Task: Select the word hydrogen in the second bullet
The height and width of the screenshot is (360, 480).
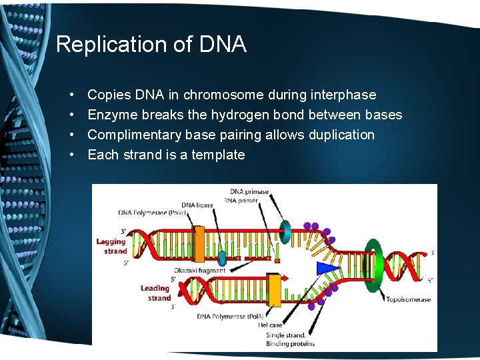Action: pos(237,115)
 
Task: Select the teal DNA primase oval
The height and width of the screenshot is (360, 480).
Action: pos(286,232)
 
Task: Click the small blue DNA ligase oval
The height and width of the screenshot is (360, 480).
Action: pos(222,258)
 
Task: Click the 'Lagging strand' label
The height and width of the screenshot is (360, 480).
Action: pos(111,246)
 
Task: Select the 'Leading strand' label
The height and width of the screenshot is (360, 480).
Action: pos(155,293)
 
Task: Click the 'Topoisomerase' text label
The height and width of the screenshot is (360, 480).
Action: pos(408,299)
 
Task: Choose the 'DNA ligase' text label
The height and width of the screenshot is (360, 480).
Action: pos(197,205)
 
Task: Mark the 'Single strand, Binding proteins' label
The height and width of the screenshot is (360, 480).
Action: pos(290,339)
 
